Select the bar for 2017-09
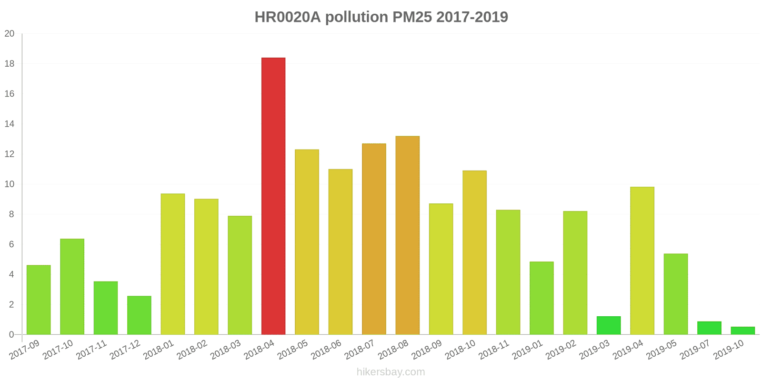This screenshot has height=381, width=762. point(39,300)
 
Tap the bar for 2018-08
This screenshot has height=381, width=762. point(408,235)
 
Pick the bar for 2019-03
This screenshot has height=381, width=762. point(609,326)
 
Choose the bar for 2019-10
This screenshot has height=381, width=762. point(742,331)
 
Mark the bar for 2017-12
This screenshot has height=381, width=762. point(139,315)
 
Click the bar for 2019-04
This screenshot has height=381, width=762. point(642,261)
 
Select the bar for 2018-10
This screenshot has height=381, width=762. point(474,252)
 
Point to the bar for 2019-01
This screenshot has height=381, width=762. point(541,298)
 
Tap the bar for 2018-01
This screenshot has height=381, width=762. point(173,264)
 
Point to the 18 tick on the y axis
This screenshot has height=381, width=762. point(10,64)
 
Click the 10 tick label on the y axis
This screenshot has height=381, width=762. point(10,184)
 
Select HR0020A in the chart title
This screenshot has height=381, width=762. point(288,17)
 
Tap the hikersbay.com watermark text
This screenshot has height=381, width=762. point(391,372)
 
